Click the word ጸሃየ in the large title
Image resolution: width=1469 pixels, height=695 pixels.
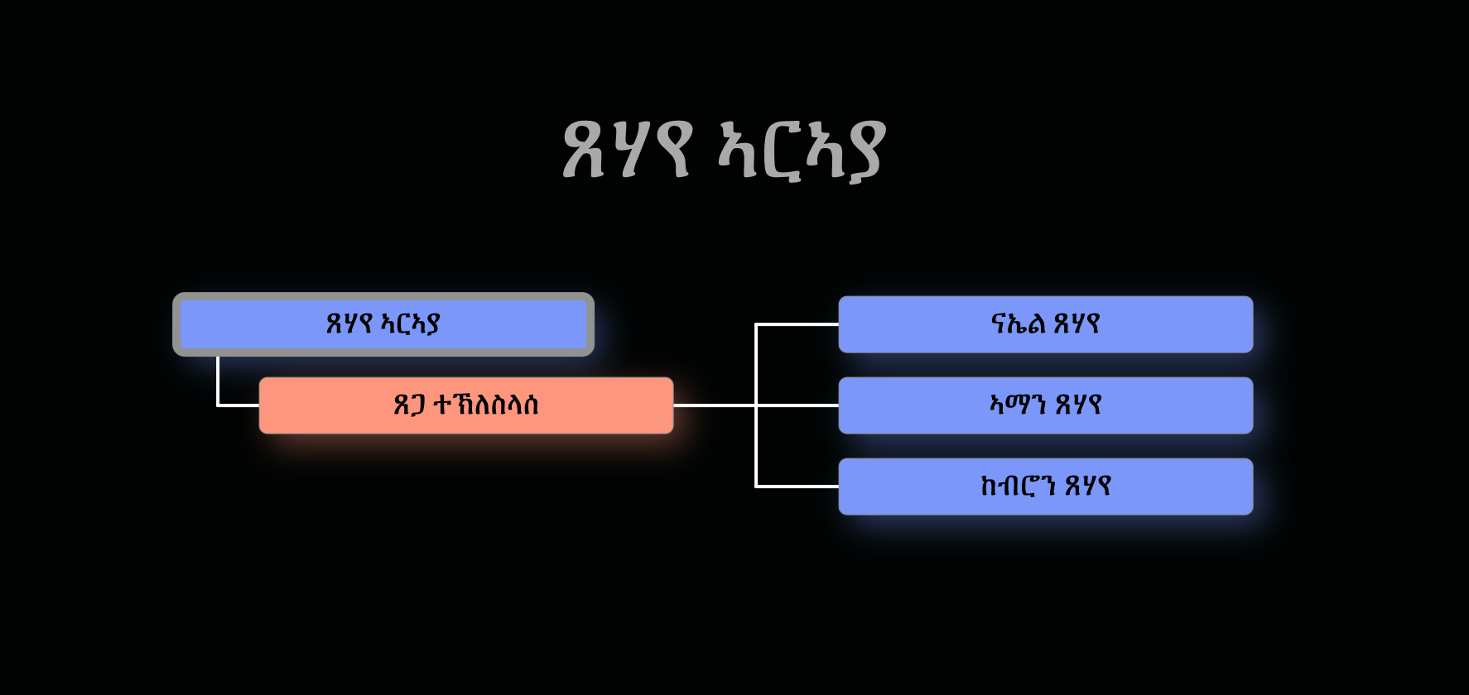point(626,150)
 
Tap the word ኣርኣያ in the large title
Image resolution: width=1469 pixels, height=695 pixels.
point(802,150)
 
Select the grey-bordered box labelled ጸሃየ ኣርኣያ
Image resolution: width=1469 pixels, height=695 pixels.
point(383,324)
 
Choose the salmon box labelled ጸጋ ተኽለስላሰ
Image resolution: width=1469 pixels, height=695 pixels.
point(466,405)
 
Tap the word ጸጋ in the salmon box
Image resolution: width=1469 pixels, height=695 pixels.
point(409,405)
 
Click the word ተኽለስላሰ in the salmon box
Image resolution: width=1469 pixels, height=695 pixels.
point(486,405)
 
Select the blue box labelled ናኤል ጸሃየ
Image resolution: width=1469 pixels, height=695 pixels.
point(1045,324)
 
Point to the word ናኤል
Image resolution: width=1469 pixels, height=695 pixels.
point(1017,324)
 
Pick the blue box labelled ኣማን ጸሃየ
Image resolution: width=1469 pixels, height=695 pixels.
point(1045,405)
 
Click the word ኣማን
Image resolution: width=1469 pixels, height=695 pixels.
point(1017,405)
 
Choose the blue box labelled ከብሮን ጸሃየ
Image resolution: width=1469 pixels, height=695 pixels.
point(1045,486)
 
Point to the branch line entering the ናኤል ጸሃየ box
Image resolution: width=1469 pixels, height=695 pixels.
point(797,324)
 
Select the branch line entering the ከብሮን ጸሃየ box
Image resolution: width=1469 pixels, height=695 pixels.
point(797,486)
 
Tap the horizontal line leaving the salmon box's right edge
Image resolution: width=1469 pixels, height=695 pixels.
point(714,405)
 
